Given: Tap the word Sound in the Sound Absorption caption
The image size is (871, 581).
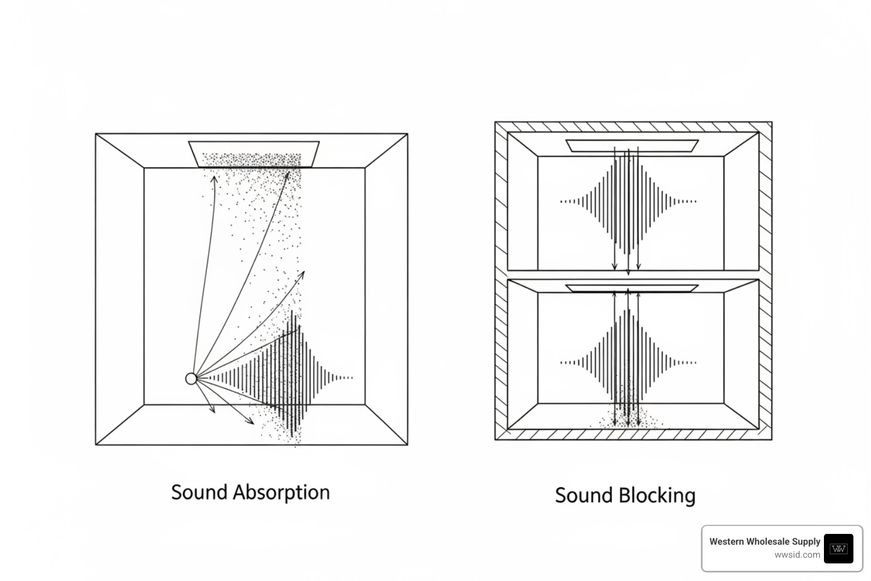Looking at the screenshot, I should coord(199,492).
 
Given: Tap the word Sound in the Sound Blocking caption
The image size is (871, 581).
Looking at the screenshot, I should coord(584,495).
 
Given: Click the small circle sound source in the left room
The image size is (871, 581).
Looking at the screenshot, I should coord(191,378).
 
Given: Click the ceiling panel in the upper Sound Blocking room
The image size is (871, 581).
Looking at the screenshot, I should coord(632,146).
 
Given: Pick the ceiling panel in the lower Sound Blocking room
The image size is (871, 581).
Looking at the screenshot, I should coord(632,288).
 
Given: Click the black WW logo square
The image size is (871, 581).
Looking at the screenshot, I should coord(838,548).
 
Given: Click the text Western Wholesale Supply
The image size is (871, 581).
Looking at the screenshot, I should coord(764,541).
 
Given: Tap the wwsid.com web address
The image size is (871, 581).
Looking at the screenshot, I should coord(797,555).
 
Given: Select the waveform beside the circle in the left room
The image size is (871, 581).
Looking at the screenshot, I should coord(284,377).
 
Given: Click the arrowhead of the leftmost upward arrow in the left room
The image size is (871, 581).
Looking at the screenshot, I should coord(214,179).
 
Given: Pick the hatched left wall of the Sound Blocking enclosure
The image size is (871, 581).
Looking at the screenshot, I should coord(501,284).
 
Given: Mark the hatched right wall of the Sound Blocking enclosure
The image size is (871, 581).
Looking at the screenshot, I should coord(766,284).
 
